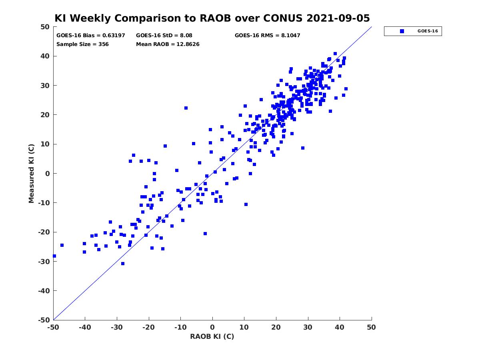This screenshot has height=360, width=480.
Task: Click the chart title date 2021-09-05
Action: point(338,18)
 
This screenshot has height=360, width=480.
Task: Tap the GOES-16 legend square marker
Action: point(402,31)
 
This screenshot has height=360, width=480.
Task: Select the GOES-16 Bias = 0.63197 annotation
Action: point(91,36)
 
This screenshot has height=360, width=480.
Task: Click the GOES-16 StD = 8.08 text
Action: point(164,36)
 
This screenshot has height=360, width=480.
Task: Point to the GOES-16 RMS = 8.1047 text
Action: point(268,36)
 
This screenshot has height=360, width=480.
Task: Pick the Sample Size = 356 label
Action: point(82,44)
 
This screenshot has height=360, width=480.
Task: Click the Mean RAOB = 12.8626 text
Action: point(168,44)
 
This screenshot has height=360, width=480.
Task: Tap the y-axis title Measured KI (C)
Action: point(31,174)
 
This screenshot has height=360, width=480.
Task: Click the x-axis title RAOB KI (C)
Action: point(212,336)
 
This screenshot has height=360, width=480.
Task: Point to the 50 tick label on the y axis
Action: point(45,27)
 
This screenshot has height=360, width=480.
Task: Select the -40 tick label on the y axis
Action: point(44,291)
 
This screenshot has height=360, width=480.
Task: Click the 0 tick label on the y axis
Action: point(48,174)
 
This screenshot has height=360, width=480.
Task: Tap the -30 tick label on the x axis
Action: point(117,327)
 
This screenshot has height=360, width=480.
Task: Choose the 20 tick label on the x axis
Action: point(276,327)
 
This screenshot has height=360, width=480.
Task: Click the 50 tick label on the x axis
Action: point(371,327)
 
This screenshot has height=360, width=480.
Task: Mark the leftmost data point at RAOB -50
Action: point(54,256)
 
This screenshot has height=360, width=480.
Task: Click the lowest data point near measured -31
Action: point(123,264)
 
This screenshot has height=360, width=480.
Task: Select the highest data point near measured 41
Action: point(335,54)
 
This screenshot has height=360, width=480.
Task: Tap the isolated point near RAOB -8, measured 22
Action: point(186,108)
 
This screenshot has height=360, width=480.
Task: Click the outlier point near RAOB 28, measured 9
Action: point(303,148)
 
